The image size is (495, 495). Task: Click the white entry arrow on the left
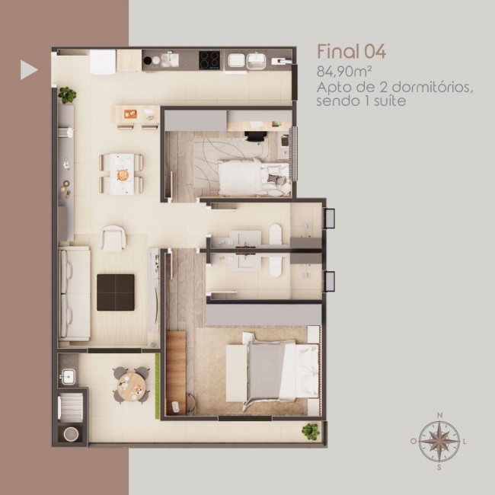tap(27, 70)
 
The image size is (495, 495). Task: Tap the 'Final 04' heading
tap(351, 52)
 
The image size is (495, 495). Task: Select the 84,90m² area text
tap(343, 72)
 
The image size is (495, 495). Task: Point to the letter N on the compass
tap(439, 415)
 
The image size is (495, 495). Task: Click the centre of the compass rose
tap(439, 441)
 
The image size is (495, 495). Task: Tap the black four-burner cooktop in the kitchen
tap(209, 59)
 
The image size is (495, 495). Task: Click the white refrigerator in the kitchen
tap(103, 62)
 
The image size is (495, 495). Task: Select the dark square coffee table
tap(116, 292)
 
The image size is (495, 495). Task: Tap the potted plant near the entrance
tap(67, 94)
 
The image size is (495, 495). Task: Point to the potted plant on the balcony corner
tap(310, 432)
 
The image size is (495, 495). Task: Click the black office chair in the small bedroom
tap(255, 136)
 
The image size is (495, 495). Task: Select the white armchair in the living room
tap(113, 238)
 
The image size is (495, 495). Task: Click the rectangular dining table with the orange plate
tap(122, 174)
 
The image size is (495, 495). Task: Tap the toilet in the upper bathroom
tap(275, 235)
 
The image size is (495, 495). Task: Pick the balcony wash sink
tap(69, 377)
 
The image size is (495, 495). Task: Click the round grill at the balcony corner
tap(71, 434)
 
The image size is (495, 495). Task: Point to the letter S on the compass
tap(439, 468)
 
